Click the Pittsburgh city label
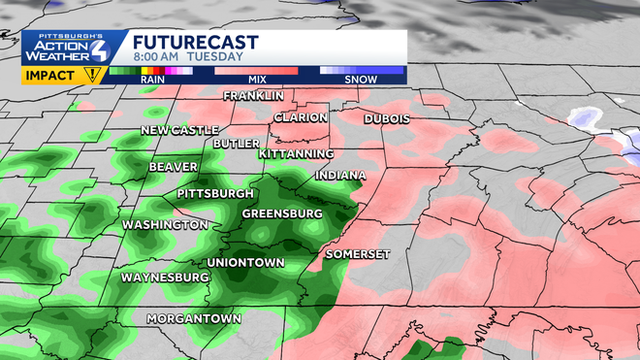point(215,194)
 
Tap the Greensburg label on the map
point(281,213)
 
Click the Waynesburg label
point(165,278)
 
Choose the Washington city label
point(164,225)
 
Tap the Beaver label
point(174,167)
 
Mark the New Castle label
point(178,130)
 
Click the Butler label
point(237,144)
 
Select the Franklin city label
point(253,96)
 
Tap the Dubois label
point(387,118)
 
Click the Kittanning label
point(296,154)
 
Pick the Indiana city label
point(339,176)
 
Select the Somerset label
point(358,253)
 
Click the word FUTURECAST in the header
point(195,42)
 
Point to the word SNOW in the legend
point(361,80)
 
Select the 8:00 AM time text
point(156,56)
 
